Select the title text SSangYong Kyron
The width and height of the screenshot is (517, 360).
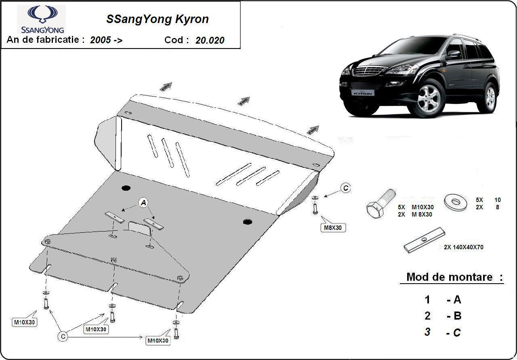pos(157,19)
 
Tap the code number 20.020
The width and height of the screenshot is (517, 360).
pos(210,40)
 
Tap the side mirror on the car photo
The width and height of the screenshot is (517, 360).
pos(453,55)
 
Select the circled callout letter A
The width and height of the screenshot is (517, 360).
pos(143,203)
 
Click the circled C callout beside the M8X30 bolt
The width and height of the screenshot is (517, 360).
pos(345,188)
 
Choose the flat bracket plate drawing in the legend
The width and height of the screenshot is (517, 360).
pos(424,241)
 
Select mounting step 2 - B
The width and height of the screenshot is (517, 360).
pos(442,316)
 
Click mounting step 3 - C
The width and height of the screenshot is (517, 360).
pos(442,333)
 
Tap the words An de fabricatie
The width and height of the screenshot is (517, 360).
pos(46,40)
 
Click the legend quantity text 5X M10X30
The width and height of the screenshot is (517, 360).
pos(414,207)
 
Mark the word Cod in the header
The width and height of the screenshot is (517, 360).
pos(177,40)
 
